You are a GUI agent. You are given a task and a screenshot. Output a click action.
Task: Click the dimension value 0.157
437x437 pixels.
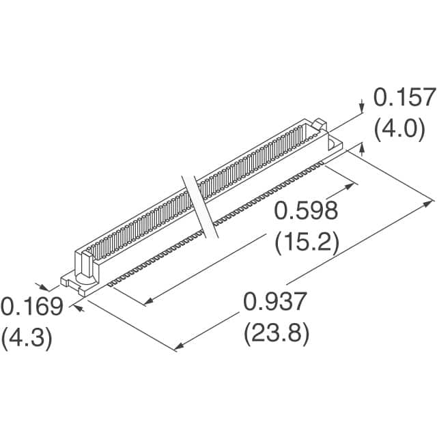[x=405, y=97]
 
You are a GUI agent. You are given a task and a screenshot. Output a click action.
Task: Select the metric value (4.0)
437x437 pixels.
[x=399, y=129]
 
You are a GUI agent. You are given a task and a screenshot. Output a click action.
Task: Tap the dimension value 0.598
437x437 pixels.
[x=306, y=210]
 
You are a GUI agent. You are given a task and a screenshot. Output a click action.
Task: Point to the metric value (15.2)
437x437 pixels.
[x=307, y=242]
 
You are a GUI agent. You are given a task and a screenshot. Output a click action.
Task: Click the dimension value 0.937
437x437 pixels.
[x=275, y=301]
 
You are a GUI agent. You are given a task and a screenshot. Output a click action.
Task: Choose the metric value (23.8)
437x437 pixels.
[x=277, y=334]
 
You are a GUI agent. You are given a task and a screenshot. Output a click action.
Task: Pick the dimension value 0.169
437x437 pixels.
[x=32, y=307]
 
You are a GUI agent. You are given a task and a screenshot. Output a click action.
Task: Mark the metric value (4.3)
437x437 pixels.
[x=27, y=338]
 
